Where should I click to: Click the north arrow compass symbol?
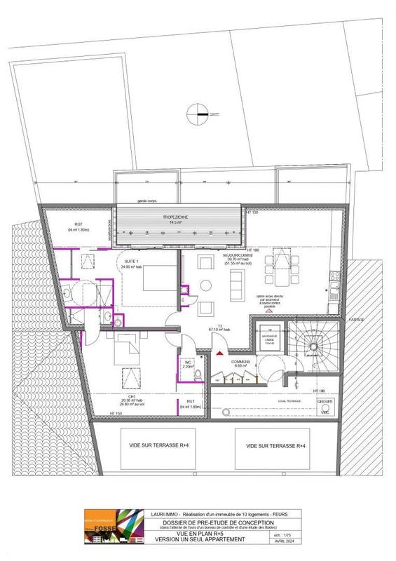click(x=198, y=112)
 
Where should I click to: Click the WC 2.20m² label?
click(x=187, y=364)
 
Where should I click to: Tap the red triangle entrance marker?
click(x=219, y=354)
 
